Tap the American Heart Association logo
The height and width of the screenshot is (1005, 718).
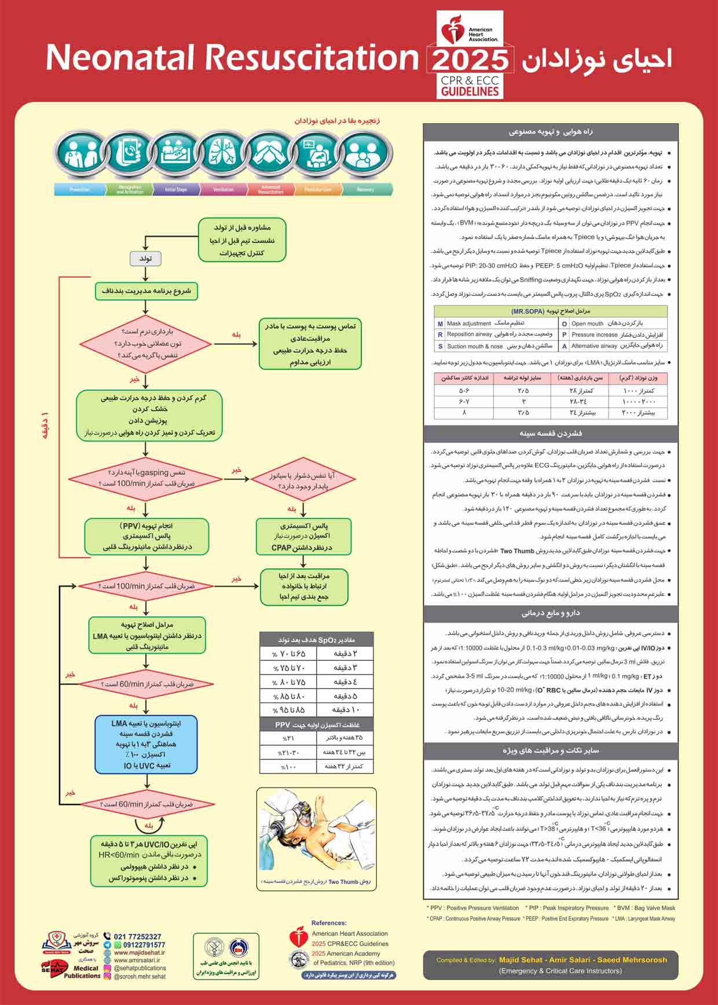470,34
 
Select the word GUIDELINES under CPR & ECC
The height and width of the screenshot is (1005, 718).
470,91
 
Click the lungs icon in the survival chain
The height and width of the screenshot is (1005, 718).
223,153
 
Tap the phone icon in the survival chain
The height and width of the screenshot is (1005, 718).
129,153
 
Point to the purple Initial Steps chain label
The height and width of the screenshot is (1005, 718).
175,189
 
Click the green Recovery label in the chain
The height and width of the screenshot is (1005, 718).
365,189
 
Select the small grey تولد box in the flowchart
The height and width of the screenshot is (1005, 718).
145,258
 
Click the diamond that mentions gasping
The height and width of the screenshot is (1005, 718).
145,478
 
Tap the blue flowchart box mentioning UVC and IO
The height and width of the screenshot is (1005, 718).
146,744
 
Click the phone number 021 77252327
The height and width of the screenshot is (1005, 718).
137,937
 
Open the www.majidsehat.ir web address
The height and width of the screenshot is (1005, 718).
139,952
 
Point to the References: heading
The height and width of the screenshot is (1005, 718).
328,923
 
